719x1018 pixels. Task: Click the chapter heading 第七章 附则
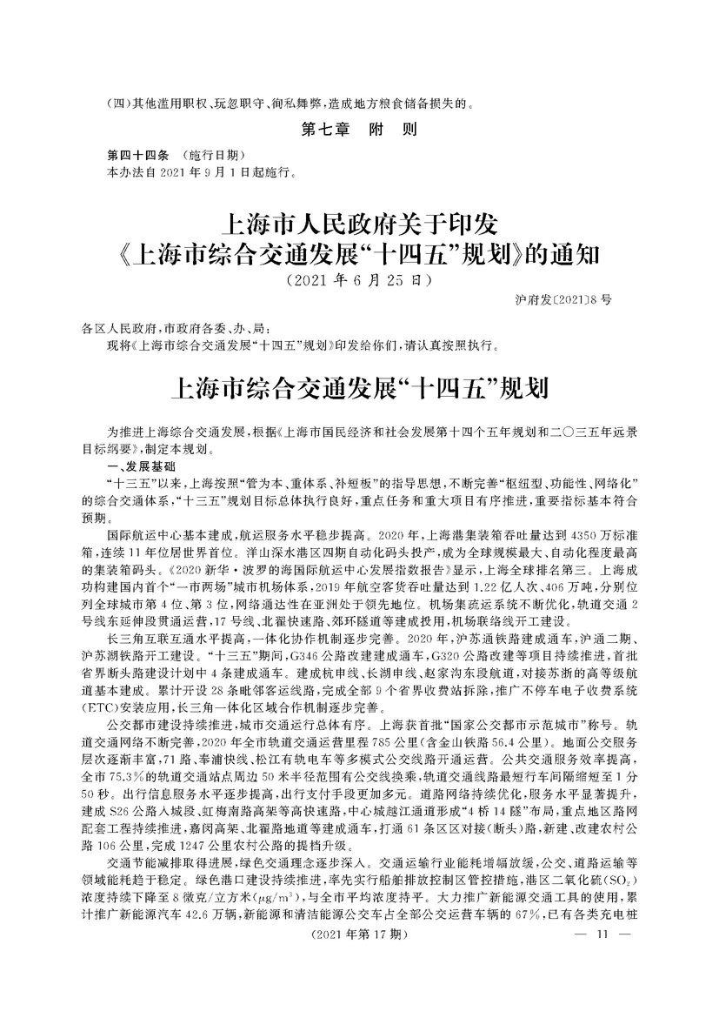tap(358, 132)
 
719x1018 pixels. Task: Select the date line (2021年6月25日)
tap(358, 281)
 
